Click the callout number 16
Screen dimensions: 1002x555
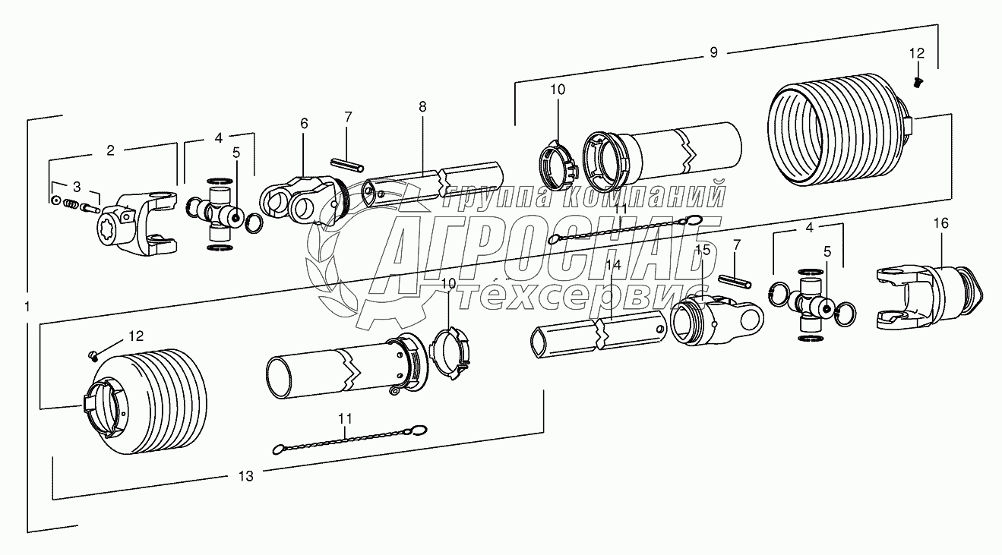click(941, 223)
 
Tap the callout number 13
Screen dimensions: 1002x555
click(245, 476)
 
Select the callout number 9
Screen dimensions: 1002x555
click(713, 53)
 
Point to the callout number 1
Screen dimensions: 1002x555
click(27, 307)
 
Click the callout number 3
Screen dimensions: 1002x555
click(77, 187)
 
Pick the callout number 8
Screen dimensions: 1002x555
click(422, 107)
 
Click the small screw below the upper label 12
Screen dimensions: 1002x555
click(918, 82)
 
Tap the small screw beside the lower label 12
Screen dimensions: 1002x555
click(93, 355)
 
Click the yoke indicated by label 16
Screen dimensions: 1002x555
click(928, 298)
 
